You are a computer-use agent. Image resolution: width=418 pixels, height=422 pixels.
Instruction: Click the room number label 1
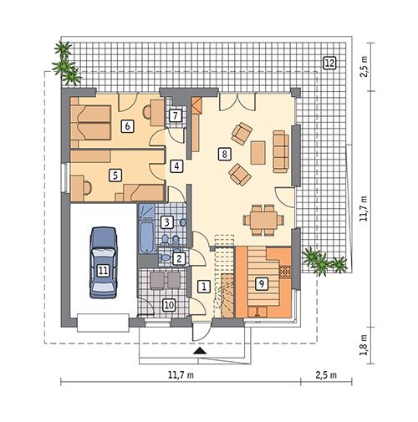click(203, 286)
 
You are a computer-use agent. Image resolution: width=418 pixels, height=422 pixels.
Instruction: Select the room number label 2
click(178, 258)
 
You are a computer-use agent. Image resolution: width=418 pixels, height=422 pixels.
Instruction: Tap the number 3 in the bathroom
click(167, 222)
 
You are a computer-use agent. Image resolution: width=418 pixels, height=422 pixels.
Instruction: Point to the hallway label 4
click(177, 165)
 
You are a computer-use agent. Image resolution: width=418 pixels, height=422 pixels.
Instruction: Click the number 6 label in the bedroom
click(127, 126)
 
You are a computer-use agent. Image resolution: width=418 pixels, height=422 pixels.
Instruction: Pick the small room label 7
click(175, 115)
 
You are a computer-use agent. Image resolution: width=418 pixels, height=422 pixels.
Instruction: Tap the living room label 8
click(223, 153)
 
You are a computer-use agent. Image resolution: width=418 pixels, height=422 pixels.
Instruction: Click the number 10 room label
click(167, 306)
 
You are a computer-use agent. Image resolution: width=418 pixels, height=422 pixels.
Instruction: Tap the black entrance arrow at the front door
click(198, 353)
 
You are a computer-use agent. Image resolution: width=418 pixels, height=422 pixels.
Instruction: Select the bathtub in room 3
click(146, 227)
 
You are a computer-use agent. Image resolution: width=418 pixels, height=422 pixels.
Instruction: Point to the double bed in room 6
click(90, 124)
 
